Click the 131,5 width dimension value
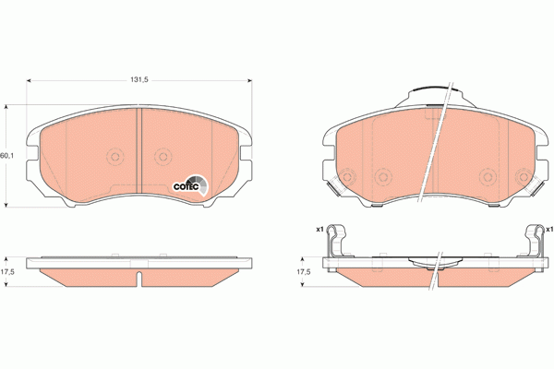click(x=139, y=80)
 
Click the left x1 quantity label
click(x=319, y=229)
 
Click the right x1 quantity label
click(x=548, y=229)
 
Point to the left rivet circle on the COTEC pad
click(x=115, y=157)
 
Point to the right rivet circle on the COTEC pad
click(x=163, y=157)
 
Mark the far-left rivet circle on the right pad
click(x=348, y=177)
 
